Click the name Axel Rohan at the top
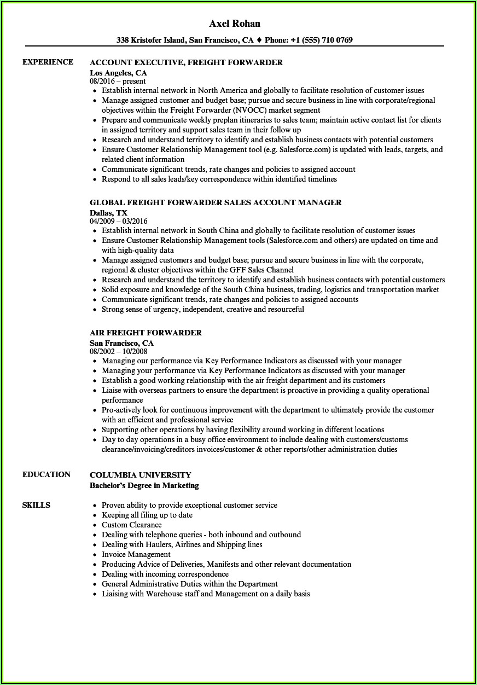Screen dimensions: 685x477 tap(235, 24)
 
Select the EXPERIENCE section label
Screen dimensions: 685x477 tap(48, 62)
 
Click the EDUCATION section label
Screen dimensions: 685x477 tap(46, 474)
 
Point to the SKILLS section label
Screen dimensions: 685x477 tap(36, 505)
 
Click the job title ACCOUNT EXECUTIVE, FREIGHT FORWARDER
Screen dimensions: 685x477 tap(186, 62)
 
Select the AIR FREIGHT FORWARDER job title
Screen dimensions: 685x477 tap(146, 333)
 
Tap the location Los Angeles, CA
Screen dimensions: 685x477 tap(118, 72)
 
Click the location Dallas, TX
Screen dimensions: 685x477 tap(108, 212)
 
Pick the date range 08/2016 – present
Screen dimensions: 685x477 tap(118, 81)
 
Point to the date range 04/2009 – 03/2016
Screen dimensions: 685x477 tap(118, 221)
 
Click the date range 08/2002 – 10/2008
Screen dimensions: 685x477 tap(118, 351)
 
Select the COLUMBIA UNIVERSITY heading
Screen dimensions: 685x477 tap(141, 475)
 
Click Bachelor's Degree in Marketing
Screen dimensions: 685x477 tap(144, 485)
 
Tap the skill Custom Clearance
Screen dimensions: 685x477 tap(131, 525)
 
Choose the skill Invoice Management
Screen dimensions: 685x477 tap(136, 554)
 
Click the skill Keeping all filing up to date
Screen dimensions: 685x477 tap(147, 515)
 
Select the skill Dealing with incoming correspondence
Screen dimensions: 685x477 tap(165, 574)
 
